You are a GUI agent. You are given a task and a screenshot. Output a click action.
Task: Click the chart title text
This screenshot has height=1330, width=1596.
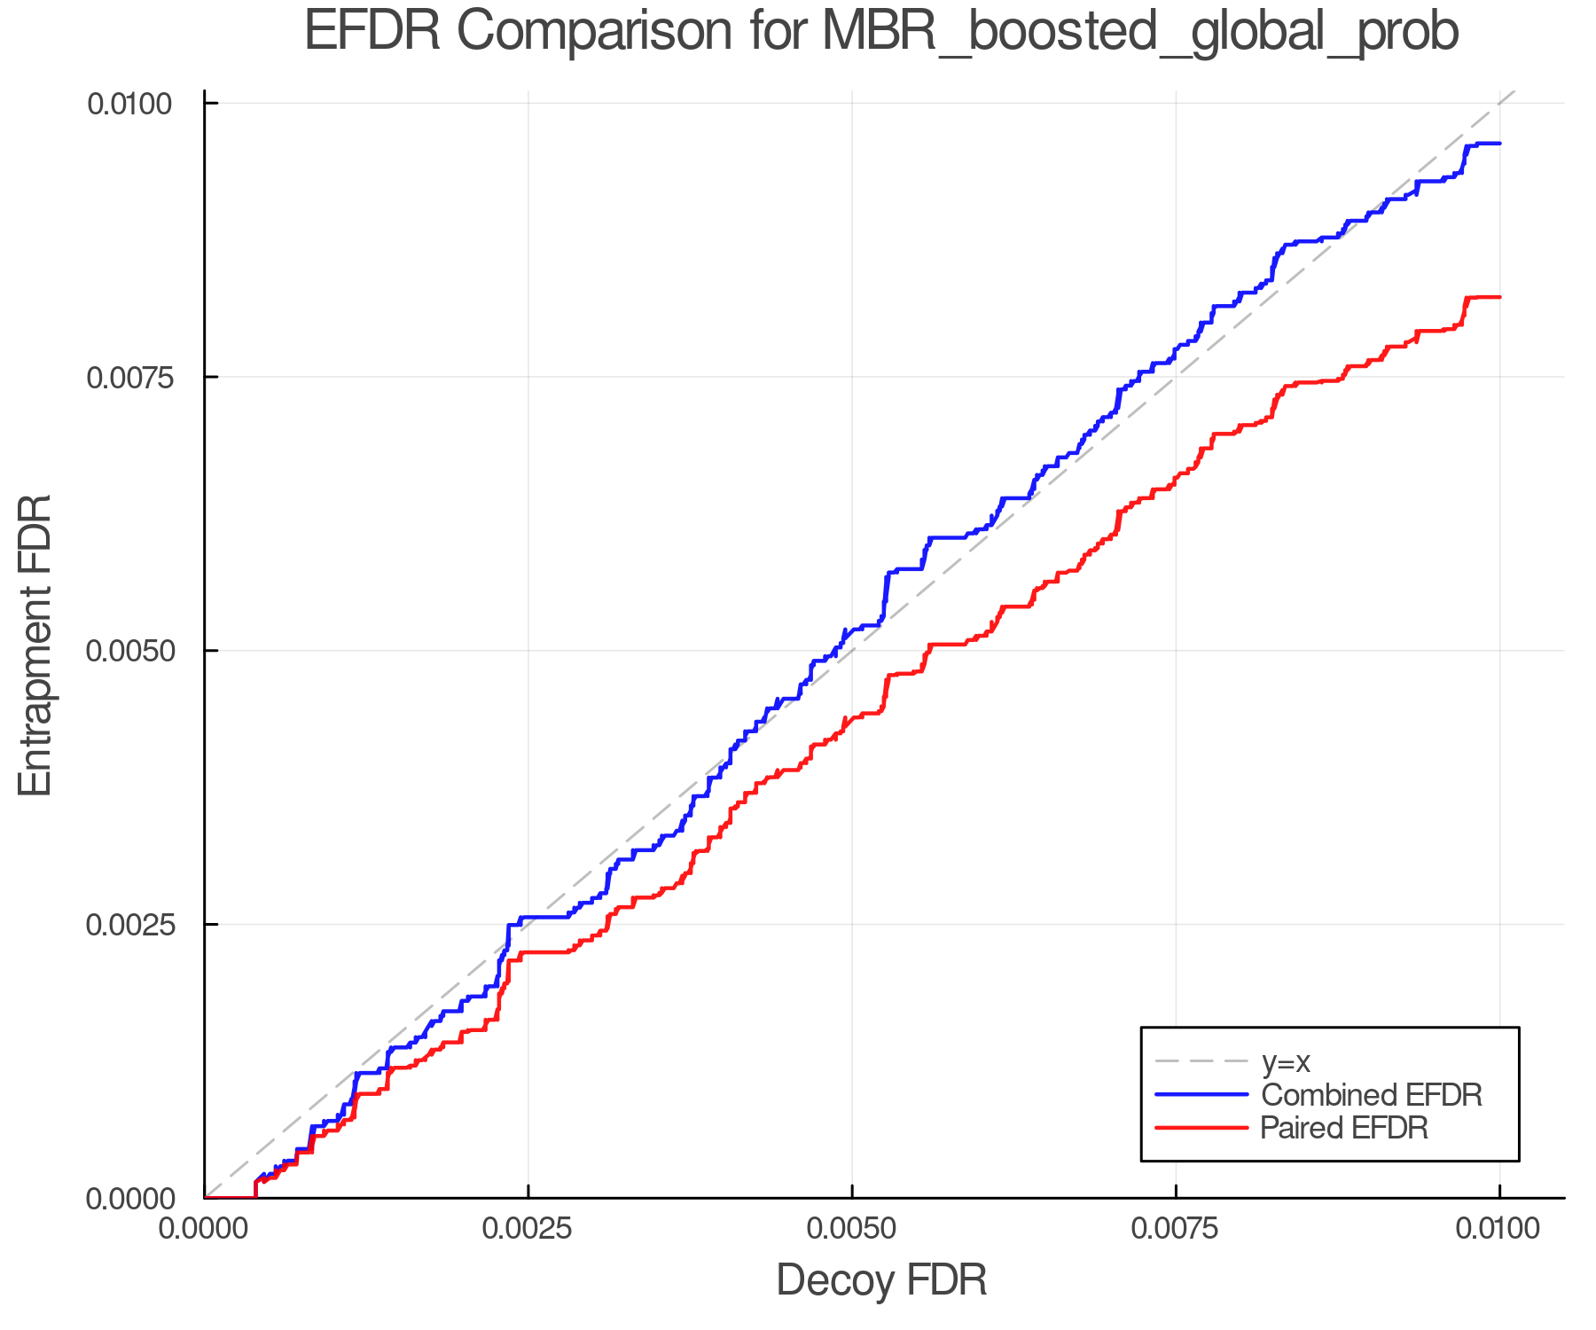coord(881,32)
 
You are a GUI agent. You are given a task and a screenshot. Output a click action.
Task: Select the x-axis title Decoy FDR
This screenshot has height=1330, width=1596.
coord(881,1280)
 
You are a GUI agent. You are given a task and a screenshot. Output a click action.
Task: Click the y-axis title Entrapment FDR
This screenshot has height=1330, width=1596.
coord(35,645)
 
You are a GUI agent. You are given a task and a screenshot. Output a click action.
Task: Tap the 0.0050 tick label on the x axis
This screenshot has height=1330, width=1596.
coord(852,1228)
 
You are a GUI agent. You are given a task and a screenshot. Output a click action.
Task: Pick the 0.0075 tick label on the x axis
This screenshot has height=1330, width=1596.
coord(1176,1228)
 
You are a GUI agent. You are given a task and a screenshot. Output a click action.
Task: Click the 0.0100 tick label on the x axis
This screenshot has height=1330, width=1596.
coord(1499,1228)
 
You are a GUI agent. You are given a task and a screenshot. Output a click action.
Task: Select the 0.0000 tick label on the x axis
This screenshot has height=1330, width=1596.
coord(205,1228)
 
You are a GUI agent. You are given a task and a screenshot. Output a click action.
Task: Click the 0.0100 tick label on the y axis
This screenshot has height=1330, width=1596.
coord(129,104)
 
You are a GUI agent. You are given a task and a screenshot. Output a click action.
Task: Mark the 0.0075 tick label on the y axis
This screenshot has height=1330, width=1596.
coord(129,378)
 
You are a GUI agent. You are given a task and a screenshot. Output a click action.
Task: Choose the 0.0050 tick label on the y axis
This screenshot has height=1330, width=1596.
coord(129,651)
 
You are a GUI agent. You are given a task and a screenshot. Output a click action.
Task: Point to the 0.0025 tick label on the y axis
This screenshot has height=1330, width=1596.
coord(129,925)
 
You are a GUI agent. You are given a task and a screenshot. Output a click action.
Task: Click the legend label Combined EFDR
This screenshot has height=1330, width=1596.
coord(1371,1095)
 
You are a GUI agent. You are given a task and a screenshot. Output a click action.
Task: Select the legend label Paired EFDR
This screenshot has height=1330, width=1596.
coord(1343,1128)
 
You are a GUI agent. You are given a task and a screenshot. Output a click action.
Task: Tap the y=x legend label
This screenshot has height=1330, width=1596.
coord(1286,1061)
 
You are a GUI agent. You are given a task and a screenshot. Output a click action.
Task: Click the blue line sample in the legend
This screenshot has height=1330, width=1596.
coord(1201,1095)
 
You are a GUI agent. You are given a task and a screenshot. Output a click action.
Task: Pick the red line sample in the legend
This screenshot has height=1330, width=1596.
coord(1201,1128)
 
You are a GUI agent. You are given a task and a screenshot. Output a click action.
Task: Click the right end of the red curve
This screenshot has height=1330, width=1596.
coord(1499,297)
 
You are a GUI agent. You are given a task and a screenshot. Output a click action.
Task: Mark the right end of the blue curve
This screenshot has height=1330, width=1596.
coord(1499,143)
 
